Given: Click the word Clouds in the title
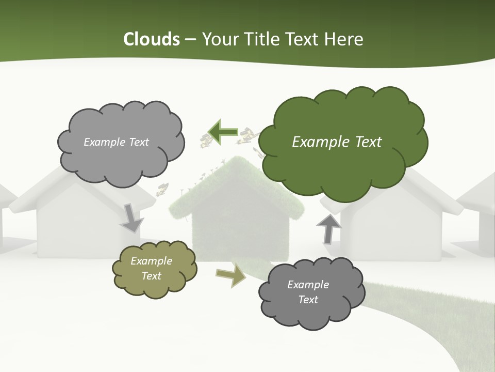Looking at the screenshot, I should click(x=151, y=39).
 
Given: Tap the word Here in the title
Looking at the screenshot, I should click(x=343, y=39).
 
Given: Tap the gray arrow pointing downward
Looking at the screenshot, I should click(x=132, y=218).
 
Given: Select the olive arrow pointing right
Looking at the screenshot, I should click(x=230, y=276).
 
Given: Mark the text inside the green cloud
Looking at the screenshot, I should click(x=337, y=142).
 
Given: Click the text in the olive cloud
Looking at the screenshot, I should click(x=152, y=269).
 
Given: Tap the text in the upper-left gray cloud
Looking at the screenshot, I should click(x=116, y=142).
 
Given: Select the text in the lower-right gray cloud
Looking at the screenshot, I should click(x=308, y=292).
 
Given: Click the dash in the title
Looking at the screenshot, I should click(x=190, y=39).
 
